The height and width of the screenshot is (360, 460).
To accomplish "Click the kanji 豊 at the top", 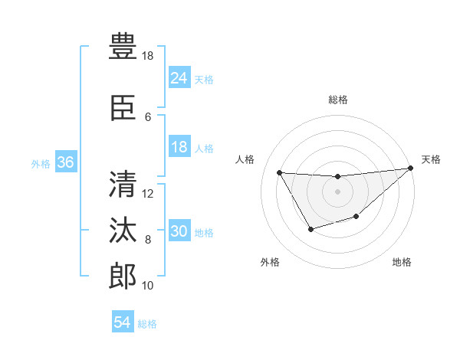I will (x=123, y=46).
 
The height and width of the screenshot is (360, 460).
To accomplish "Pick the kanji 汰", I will (x=123, y=230).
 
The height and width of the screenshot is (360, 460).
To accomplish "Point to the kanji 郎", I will (x=123, y=276).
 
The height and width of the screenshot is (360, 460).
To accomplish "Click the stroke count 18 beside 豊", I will (x=148, y=56).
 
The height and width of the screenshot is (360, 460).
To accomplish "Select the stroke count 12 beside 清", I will (x=149, y=193).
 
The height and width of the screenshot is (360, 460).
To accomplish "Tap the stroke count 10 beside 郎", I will (x=148, y=286).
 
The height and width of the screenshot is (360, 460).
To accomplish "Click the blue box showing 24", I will (x=179, y=78).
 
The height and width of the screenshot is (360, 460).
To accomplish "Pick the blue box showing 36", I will (x=65, y=163).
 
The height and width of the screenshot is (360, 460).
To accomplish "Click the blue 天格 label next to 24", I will (x=204, y=79).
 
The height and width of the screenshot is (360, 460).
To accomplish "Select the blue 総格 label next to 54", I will (x=147, y=324).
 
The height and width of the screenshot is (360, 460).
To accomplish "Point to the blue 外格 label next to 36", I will (x=41, y=164).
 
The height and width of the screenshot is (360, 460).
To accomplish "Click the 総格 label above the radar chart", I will (x=337, y=100).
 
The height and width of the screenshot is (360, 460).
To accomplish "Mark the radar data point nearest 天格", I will (x=411, y=169).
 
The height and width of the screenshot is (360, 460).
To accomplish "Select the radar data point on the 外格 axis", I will (x=310, y=229).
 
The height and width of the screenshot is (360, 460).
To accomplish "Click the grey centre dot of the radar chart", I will (x=337, y=191).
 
